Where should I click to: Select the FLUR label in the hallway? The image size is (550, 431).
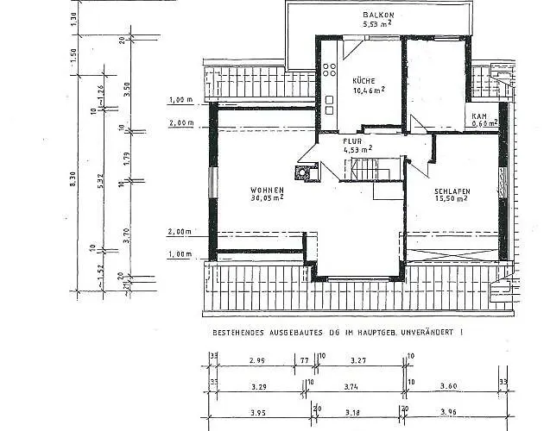(x=351, y=140)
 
